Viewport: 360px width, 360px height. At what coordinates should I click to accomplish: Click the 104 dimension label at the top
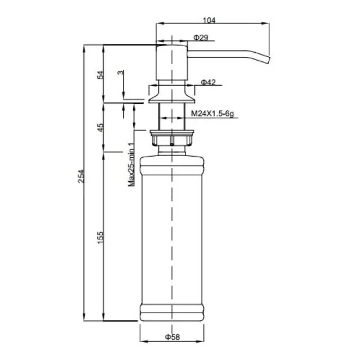tap(209, 20)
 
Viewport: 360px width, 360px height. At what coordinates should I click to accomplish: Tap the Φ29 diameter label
tap(200, 37)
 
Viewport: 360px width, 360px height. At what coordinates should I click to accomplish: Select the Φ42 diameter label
tap(208, 82)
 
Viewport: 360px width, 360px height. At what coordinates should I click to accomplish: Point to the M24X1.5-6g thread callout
tap(212, 113)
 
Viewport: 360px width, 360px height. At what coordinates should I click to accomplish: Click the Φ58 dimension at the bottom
tap(172, 337)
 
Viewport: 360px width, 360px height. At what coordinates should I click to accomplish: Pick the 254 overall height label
tap(81, 176)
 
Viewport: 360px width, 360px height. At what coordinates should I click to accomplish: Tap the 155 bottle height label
tap(101, 238)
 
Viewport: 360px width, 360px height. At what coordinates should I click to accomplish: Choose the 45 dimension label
tap(101, 127)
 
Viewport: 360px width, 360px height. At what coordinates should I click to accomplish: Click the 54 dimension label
tap(101, 75)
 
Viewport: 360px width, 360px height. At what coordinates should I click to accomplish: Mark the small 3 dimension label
tap(121, 73)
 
